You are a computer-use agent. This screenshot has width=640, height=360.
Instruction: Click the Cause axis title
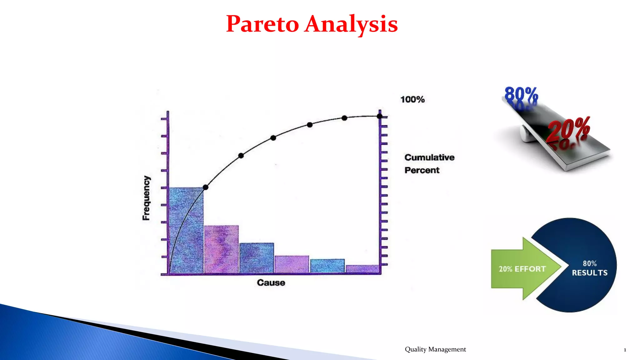[271, 282]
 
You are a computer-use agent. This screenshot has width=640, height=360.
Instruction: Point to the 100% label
[412, 99]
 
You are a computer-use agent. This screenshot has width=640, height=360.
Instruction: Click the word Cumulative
[429, 157]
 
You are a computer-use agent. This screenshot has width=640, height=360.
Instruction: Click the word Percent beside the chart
[422, 170]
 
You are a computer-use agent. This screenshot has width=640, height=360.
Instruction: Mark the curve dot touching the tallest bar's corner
[205, 187]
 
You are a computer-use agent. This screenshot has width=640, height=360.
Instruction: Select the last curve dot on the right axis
[379, 116]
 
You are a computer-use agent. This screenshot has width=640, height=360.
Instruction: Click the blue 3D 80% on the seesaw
[521, 94]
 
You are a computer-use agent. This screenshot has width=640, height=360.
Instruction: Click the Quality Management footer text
[435, 349]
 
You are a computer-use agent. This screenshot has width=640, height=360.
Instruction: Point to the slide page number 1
[625, 350]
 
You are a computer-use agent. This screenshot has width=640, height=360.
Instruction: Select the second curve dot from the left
[241, 156]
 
